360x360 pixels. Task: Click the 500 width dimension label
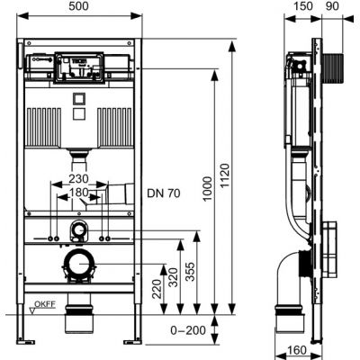coord(79,6)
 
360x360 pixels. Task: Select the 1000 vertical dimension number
coord(207,189)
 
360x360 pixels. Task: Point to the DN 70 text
coord(164,193)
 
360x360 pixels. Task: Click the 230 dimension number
coord(79,179)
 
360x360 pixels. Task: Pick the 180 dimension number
coord(79,193)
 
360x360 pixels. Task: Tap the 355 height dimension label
coord(190,272)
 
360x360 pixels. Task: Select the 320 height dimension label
coord(173,277)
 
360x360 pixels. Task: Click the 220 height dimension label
coord(157,289)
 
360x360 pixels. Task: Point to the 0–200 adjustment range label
coord(188,330)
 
